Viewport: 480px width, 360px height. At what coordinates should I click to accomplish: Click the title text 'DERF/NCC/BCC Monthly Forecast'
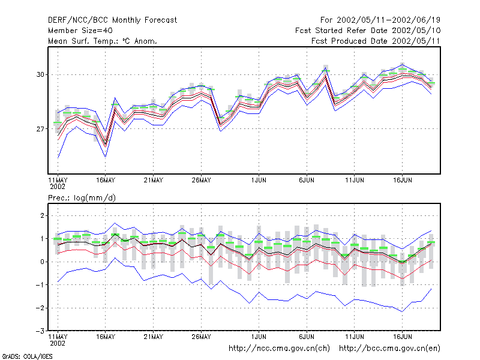tap(112, 20)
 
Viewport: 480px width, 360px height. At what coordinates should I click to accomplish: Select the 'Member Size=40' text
tap(80, 31)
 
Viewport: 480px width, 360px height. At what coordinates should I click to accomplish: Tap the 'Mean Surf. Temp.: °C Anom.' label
tap(102, 41)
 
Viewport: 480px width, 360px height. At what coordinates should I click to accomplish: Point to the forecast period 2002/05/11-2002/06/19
tap(388, 20)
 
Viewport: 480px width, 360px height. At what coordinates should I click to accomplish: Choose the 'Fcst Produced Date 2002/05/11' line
tap(376, 41)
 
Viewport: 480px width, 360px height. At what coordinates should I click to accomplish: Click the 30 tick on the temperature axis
tap(40, 74)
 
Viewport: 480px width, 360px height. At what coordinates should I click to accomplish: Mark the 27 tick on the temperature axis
tap(40, 129)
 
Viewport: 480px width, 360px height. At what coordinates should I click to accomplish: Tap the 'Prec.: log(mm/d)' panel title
tap(82, 198)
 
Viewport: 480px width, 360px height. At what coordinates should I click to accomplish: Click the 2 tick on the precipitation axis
tap(42, 215)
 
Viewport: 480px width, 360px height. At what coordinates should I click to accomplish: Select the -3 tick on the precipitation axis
tap(40, 331)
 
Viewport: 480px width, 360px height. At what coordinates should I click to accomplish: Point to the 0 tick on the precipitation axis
tap(42, 262)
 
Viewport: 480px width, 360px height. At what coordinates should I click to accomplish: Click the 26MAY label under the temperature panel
tap(201, 181)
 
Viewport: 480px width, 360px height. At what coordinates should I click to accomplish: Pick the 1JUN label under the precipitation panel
tap(259, 337)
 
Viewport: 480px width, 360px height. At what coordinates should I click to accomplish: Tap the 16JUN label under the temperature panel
tap(402, 181)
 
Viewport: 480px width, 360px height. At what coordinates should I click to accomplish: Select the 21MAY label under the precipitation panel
tap(154, 337)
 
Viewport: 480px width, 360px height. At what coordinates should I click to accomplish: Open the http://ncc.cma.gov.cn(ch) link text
tap(279, 349)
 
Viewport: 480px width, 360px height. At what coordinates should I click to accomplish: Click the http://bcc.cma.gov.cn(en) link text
tap(389, 349)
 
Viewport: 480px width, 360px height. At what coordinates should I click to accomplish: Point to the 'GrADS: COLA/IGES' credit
tap(27, 356)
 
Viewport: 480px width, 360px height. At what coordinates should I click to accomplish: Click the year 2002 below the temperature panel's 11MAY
tap(58, 187)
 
